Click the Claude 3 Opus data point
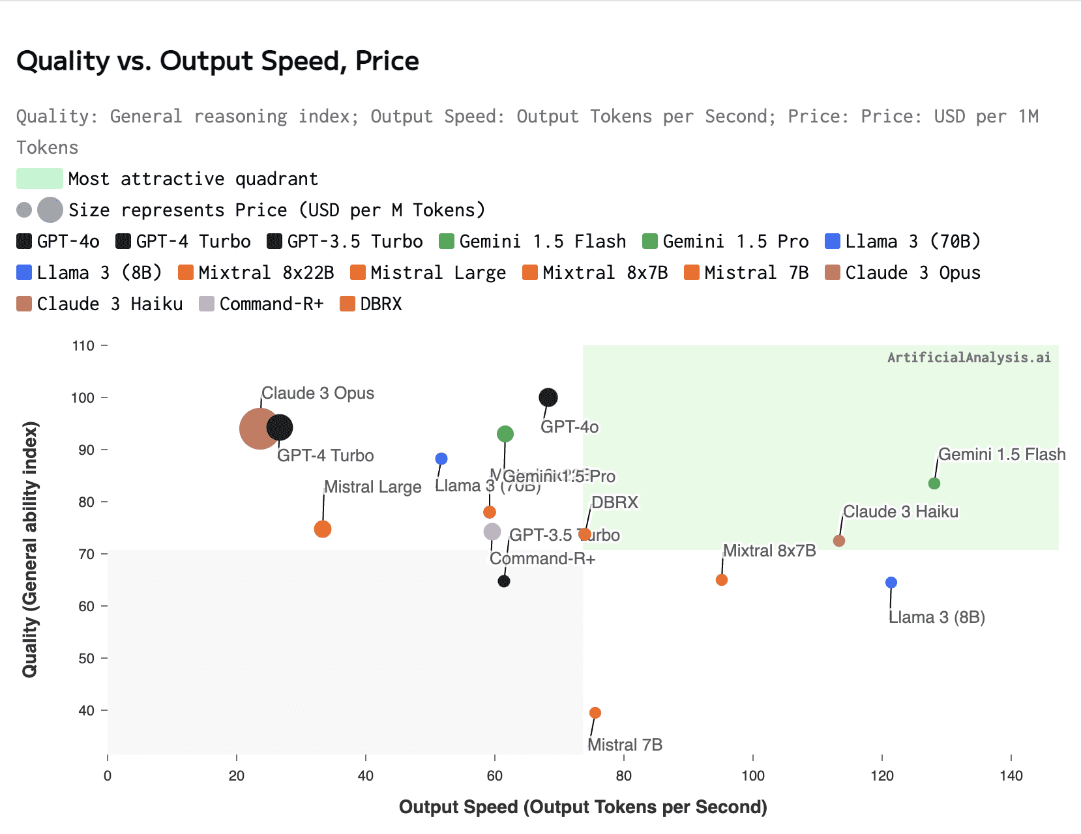[259, 428]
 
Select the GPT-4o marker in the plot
[548, 397]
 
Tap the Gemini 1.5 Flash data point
[934, 483]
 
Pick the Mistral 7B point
[595, 713]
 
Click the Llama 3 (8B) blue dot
[891, 582]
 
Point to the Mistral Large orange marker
[322, 529]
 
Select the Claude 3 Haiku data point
[839, 541]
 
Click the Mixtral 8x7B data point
[721, 580]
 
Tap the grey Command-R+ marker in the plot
[492, 532]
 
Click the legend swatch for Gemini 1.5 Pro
[650, 241]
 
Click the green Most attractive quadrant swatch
[39, 179]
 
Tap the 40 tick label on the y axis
[86, 710]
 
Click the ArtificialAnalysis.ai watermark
[969, 357]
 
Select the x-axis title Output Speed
[583, 807]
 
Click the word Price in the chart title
[387, 61]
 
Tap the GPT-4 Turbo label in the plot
[325, 455]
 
